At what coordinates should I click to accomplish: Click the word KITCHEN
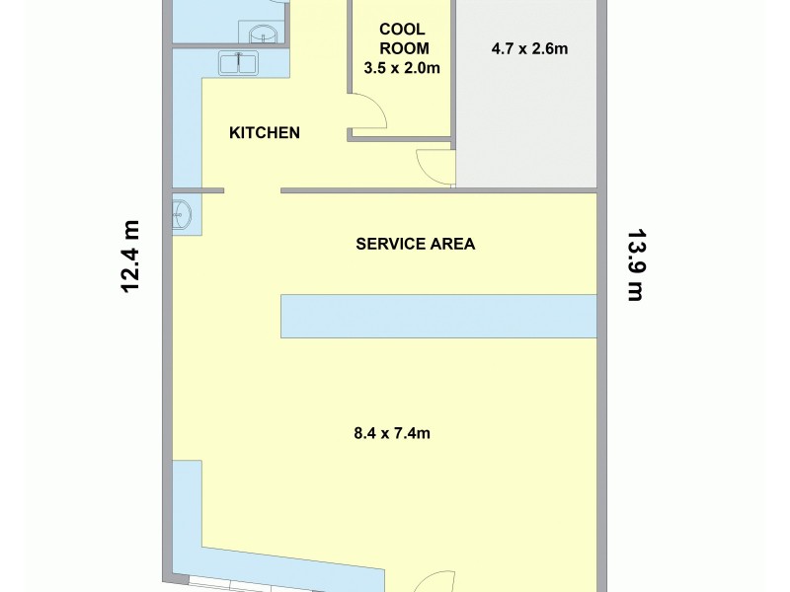click(265, 133)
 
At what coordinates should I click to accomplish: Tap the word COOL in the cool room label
click(402, 30)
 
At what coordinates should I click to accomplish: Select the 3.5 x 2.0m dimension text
click(402, 69)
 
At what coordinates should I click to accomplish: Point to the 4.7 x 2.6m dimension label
click(529, 47)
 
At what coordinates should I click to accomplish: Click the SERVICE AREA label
click(415, 244)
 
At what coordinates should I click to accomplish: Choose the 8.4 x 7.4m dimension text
click(392, 432)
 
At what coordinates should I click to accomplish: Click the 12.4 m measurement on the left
click(130, 256)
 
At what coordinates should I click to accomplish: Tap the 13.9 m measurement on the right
click(635, 264)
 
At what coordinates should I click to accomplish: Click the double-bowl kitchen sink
click(238, 63)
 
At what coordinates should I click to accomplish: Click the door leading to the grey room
click(434, 166)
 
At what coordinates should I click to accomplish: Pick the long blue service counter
click(438, 316)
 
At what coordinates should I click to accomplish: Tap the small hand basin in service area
click(182, 214)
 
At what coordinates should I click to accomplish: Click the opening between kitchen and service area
click(252, 190)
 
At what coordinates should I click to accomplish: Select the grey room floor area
click(528, 118)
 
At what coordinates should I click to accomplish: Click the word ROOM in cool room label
click(402, 48)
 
